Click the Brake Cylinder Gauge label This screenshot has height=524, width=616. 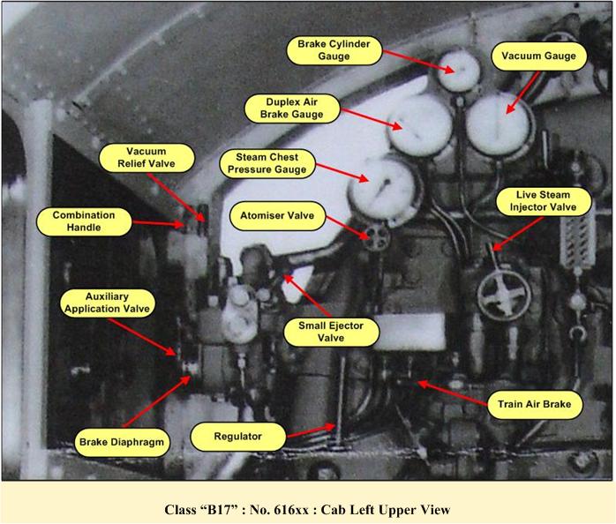[x=334, y=50]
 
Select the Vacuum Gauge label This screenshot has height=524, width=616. [x=538, y=56]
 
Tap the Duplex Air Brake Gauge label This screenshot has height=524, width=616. [x=291, y=109]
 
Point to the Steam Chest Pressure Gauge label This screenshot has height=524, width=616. [x=267, y=163]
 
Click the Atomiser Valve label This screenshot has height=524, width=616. [x=277, y=215]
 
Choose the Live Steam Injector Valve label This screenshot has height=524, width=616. [x=544, y=201]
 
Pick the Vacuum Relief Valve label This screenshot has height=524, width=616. [x=146, y=158]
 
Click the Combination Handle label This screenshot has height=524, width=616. [x=84, y=221]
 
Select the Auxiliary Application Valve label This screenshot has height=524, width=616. [x=108, y=303]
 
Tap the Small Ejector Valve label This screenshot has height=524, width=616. [x=331, y=332]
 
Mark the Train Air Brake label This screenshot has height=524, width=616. [x=534, y=404]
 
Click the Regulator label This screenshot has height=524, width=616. [x=238, y=437]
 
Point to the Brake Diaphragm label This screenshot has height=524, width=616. [x=122, y=442]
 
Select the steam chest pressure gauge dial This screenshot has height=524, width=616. [x=383, y=189]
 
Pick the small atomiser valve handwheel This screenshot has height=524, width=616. [x=375, y=237]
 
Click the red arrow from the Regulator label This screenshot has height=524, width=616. [x=312, y=430]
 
